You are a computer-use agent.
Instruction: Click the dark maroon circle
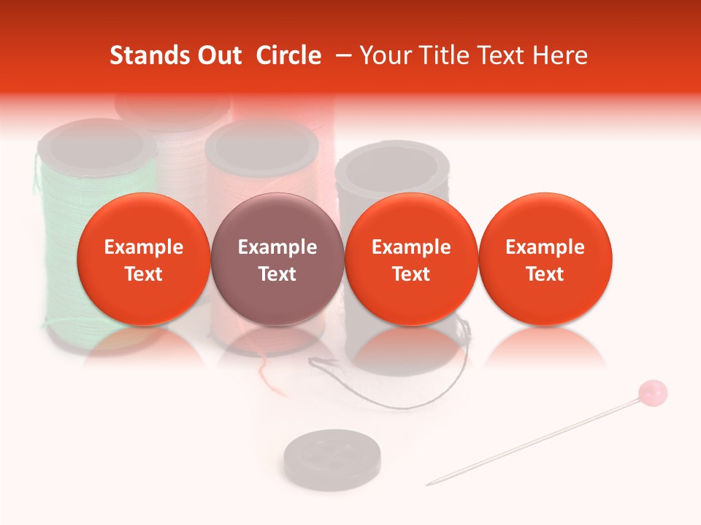pyautogui.click(x=277, y=260)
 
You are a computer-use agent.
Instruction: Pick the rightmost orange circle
pyautogui.click(x=545, y=260)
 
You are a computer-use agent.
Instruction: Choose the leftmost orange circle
pyautogui.click(x=143, y=260)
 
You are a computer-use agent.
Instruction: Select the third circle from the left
pyautogui.click(x=411, y=260)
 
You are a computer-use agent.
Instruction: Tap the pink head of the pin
pyautogui.click(x=652, y=393)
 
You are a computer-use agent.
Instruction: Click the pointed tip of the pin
pyautogui.click(x=429, y=483)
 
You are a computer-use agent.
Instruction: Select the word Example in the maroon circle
pyautogui.click(x=277, y=247)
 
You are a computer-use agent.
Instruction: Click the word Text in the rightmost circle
pyautogui.click(x=545, y=274)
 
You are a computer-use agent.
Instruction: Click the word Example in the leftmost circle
pyautogui.click(x=143, y=247)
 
